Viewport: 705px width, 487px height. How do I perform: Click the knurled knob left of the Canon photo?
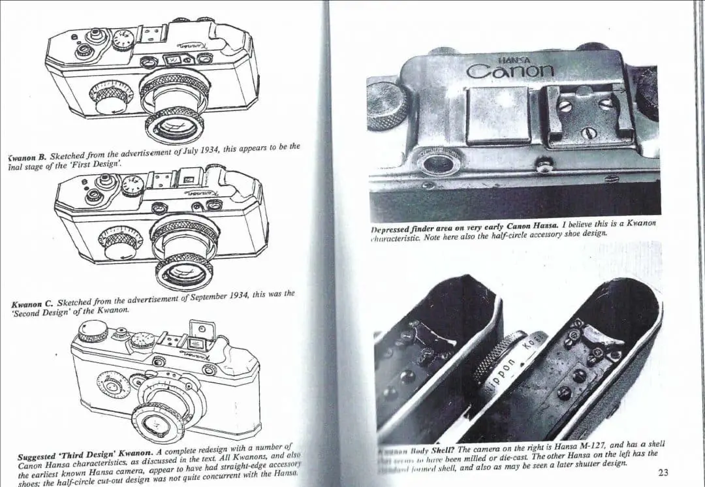(386, 104)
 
